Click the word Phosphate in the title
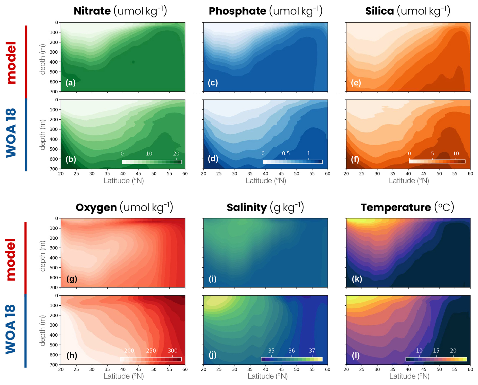pos(237,11)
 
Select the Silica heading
pos(379,11)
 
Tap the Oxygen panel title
pos(96,208)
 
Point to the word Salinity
pos(247,208)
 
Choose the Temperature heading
pos(396,208)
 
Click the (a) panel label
pos(70,83)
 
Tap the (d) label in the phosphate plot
pos(213,159)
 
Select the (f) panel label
pos(355,159)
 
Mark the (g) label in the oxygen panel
pos(71,279)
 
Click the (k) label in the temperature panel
pos(357,279)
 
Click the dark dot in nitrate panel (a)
pos(133,62)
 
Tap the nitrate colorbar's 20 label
pos(176,153)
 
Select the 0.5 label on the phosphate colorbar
pos(286,153)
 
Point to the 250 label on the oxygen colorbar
pos(151,351)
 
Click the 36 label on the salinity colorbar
pos(292,351)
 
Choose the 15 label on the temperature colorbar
pos(436,351)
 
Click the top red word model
pos(11,62)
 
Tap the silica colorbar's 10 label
pos(456,153)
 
